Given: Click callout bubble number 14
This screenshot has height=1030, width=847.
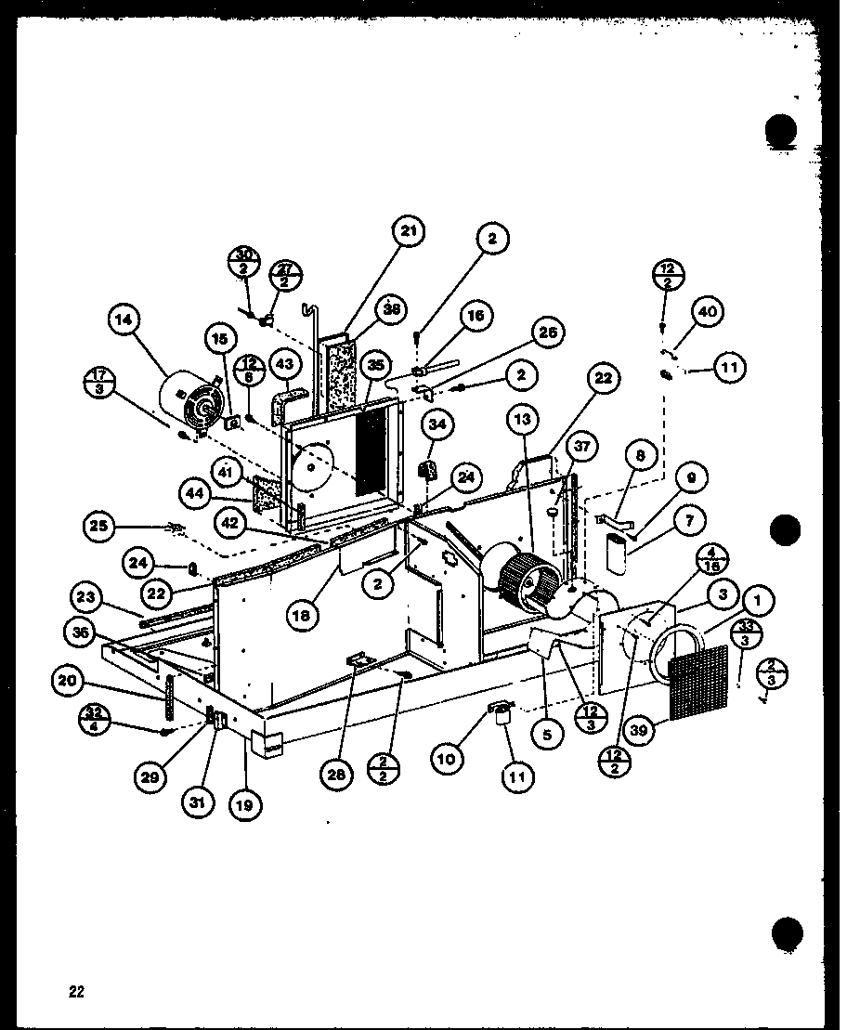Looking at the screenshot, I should point(125,322).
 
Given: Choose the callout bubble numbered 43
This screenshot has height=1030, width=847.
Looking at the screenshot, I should point(283,364).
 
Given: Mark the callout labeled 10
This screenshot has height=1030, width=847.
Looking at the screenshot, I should point(448,759).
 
